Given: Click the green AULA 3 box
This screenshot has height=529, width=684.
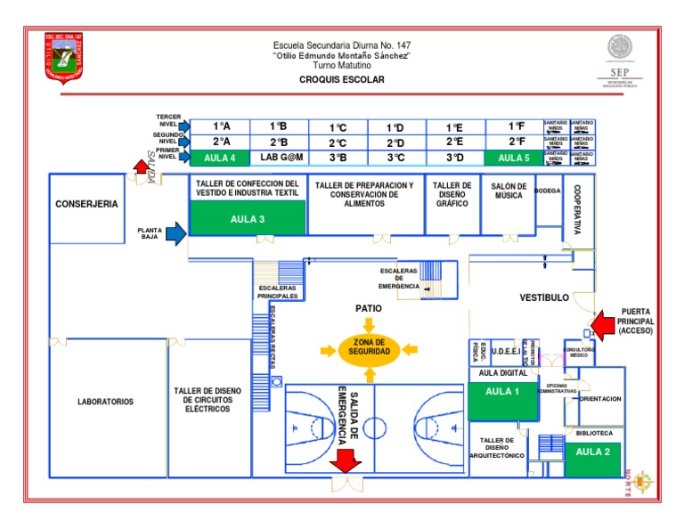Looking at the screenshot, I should point(248,219).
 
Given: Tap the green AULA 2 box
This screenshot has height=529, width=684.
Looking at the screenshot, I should point(593,452).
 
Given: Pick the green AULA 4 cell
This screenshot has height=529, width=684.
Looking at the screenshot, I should point(220,158).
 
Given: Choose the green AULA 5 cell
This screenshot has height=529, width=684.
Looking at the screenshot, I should point(513,158).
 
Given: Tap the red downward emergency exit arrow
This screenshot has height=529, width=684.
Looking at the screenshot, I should point(345,461).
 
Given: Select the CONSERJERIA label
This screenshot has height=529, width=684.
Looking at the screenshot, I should point(86,204).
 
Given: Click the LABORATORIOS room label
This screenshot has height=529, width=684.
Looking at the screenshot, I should point(105,402).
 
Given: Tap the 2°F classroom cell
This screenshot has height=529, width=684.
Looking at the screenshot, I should point(513,142).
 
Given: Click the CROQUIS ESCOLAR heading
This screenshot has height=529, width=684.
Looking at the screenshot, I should point(341,79).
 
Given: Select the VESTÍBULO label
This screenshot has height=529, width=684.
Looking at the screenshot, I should point(543,297).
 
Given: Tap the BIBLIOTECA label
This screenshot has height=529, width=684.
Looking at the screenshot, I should point(593,434).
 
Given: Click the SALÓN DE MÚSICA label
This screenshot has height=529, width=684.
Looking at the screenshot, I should point(509,191).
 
